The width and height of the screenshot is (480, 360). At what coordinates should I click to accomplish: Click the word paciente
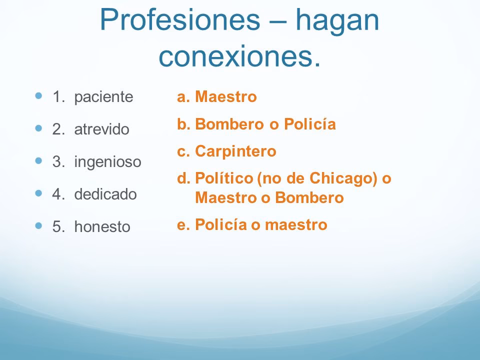click(x=104, y=97)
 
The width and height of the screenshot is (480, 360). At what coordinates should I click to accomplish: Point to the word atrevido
click(x=102, y=129)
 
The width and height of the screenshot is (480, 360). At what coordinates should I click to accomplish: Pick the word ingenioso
click(x=107, y=162)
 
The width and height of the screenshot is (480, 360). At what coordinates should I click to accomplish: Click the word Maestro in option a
click(x=226, y=96)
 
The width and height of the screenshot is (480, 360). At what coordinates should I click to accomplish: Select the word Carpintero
click(x=235, y=151)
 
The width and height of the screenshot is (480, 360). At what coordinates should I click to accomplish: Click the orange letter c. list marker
click(x=183, y=151)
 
